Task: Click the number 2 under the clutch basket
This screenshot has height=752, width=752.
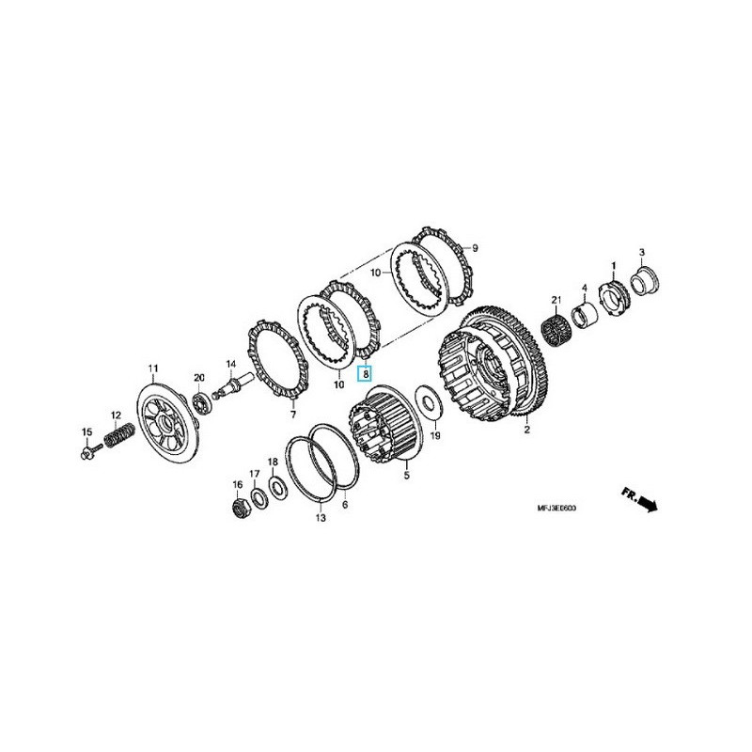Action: (x=526, y=431)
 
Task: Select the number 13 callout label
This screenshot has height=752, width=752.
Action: (x=320, y=518)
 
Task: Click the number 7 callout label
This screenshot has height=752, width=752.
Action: (x=292, y=415)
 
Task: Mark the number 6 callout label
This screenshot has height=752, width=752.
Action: (x=345, y=505)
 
